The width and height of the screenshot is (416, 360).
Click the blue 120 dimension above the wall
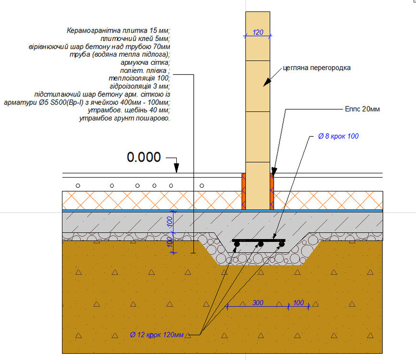(258, 33)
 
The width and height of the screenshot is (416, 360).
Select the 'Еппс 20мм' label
(362, 109)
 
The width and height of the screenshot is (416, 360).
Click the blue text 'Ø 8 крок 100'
(338, 136)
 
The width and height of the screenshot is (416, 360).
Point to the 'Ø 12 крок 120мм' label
(157, 334)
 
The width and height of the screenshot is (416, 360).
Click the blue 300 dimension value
(258, 303)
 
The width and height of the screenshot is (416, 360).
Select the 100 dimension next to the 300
(298, 303)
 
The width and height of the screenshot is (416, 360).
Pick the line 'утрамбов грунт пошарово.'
(124, 118)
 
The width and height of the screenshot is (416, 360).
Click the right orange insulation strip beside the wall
(272, 192)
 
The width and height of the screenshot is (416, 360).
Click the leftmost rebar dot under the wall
(237, 245)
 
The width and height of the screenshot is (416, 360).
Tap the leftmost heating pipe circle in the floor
(78, 185)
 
